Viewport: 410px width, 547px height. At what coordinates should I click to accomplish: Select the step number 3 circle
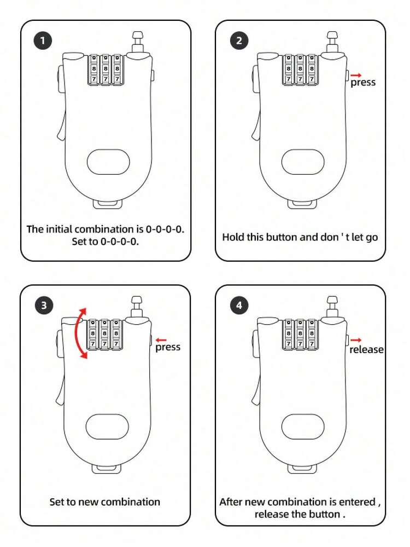pyautogui.click(x=43, y=306)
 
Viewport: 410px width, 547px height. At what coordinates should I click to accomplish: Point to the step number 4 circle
pyautogui.click(x=239, y=306)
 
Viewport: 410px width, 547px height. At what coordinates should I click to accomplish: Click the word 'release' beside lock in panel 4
pyautogui.click(x=366, y=350)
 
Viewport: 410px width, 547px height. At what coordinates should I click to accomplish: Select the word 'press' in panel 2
pyautogui.click(x=363, y=83)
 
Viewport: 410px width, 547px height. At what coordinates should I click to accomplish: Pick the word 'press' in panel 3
pyautogui.click(x=167, y=347)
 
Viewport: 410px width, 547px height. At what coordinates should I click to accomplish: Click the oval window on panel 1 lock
pyautogui.click(x=108, y=162)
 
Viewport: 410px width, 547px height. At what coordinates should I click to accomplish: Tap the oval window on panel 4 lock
pyautogui.click(x=303, y=427)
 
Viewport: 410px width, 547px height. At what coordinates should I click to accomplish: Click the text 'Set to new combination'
pyautogui.click(x=105, y=502)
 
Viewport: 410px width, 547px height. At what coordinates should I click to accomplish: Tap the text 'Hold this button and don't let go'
pyautogui.click(x=300, y=237)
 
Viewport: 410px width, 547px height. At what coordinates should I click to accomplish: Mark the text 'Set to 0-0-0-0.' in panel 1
pyautogui.click(x=105, y=241)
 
